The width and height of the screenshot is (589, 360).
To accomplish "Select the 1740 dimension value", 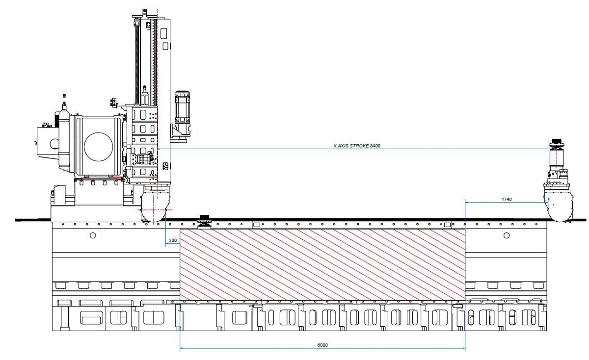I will [507, 199].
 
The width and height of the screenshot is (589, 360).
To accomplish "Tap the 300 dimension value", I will [173, 241].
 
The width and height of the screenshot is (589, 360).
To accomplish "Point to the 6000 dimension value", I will [322, 345].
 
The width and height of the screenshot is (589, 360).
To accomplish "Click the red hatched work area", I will [322, 264].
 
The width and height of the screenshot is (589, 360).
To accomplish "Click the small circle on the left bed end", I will [93, 235].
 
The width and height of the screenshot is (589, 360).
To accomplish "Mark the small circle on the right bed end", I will [507, 235].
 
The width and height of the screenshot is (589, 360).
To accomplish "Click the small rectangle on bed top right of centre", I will [447, 225].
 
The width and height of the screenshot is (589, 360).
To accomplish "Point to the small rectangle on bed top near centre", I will [256, 225].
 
